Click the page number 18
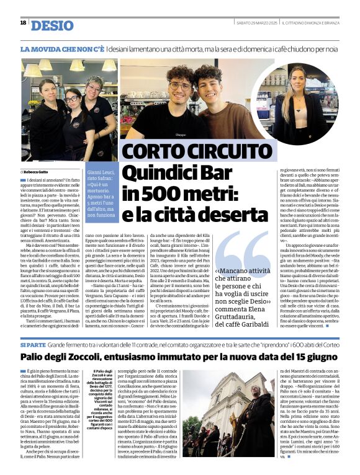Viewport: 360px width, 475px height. point(23,23)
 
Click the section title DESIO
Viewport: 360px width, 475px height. point(52,25)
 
